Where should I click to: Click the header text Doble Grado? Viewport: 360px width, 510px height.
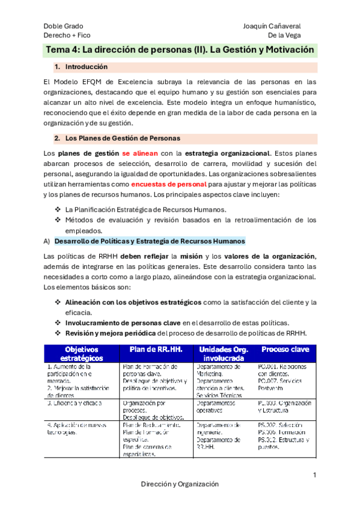pos(63,26)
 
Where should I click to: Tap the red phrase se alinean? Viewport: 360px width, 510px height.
pos(141,153)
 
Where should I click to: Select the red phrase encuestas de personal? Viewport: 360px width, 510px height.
pos(168,185)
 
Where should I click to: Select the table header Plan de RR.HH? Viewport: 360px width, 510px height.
pos(154,349)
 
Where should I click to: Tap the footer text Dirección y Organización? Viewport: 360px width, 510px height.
pos(180,484)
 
